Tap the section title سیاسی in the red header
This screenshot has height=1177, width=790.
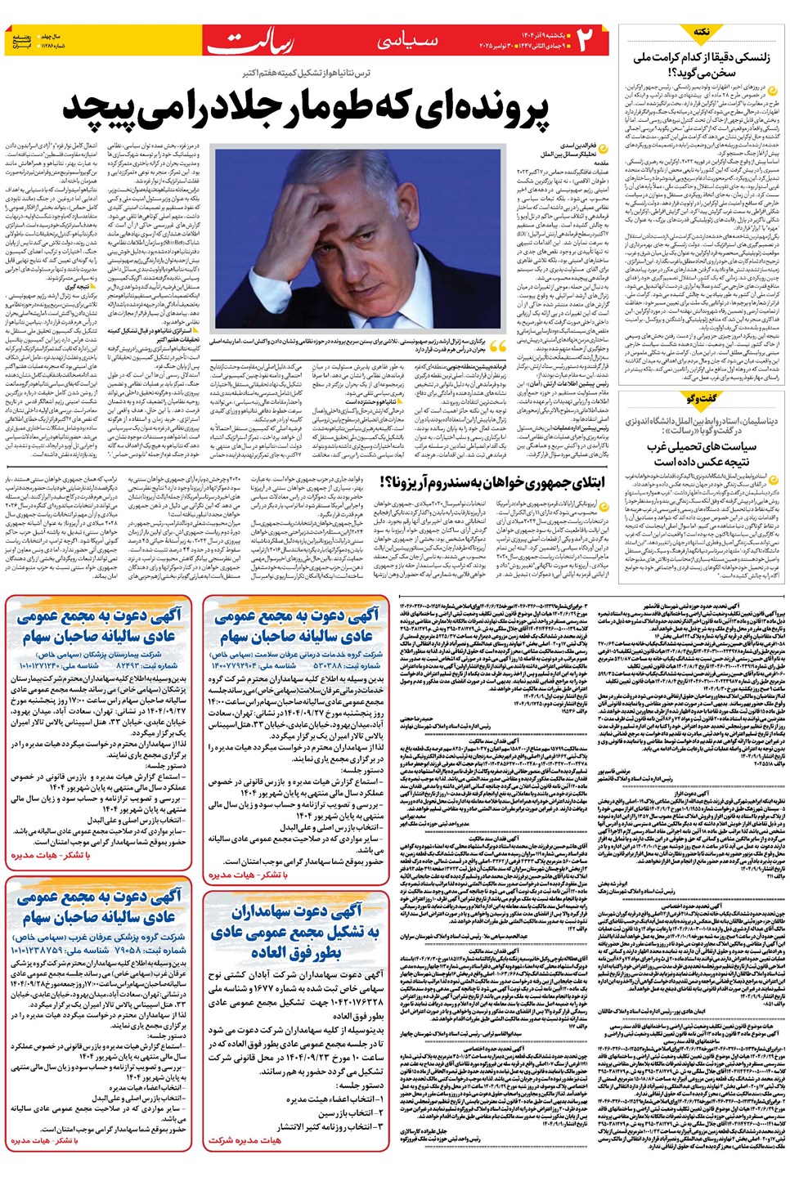(x=406, y=40)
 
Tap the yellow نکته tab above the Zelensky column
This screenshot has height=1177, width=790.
(x=701, y=31)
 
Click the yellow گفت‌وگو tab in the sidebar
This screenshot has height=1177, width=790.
(x=701, y=398)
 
